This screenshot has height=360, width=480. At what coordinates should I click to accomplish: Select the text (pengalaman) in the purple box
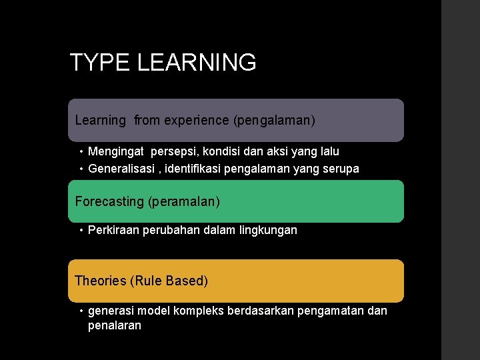click(x=274, y=121)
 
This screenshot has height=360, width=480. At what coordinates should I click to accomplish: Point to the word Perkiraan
click(x=113, y=230)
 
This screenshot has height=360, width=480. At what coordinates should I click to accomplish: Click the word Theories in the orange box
click(x=101, y=281)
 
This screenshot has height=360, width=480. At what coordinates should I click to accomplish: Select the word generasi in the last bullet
click(x=111, y=311)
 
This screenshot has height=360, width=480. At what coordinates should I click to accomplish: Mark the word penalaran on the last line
click(x=115, y=326)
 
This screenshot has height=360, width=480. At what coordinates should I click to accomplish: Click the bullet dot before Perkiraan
click(x=80, y=231)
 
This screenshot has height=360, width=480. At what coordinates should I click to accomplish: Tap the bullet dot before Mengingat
click(x=80, y=152)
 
